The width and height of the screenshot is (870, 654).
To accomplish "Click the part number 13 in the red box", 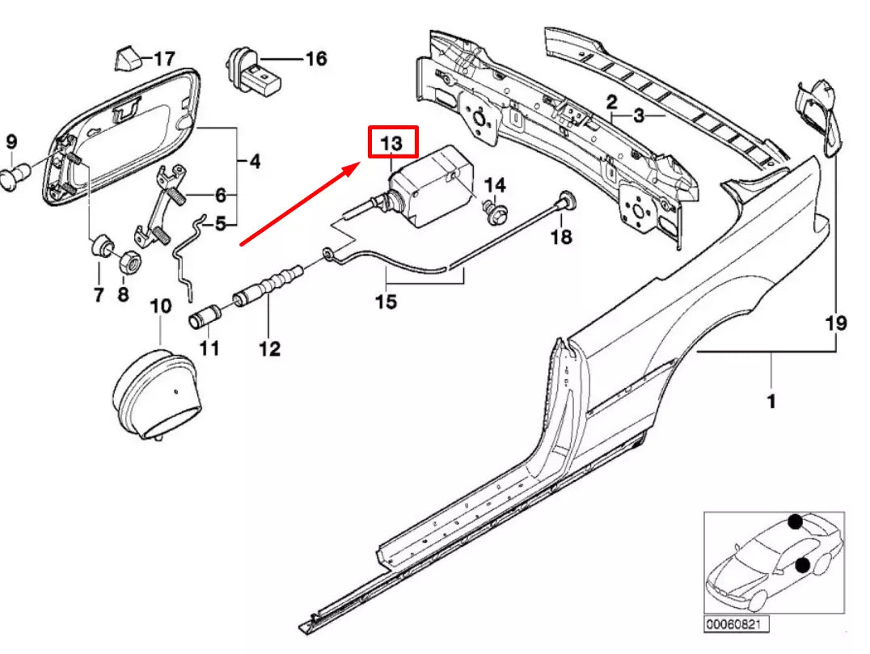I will pyautogui.click(x=392, y=143).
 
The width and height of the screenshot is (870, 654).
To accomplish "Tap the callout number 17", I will pyautogui.click(x=163, y=59).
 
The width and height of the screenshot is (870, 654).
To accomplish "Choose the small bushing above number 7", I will pyautogui.click(x=102, y=244).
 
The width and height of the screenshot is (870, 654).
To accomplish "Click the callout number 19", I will pyautogui.click(x=835, y=323).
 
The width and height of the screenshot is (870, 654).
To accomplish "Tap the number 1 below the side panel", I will pyautogui.click(x=771, y=401).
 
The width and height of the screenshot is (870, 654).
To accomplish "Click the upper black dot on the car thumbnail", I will pyautogui.click(x=796, y=522).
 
